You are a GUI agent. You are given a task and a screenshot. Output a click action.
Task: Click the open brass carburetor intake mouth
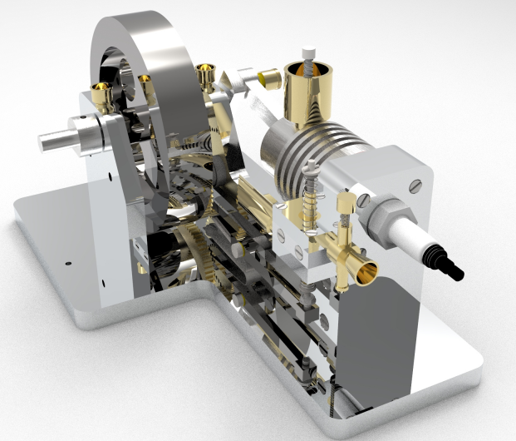[364, 271]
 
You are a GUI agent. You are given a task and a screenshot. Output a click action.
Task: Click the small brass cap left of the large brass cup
[268, 80]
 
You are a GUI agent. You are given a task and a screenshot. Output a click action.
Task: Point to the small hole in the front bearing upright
[111, 176]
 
